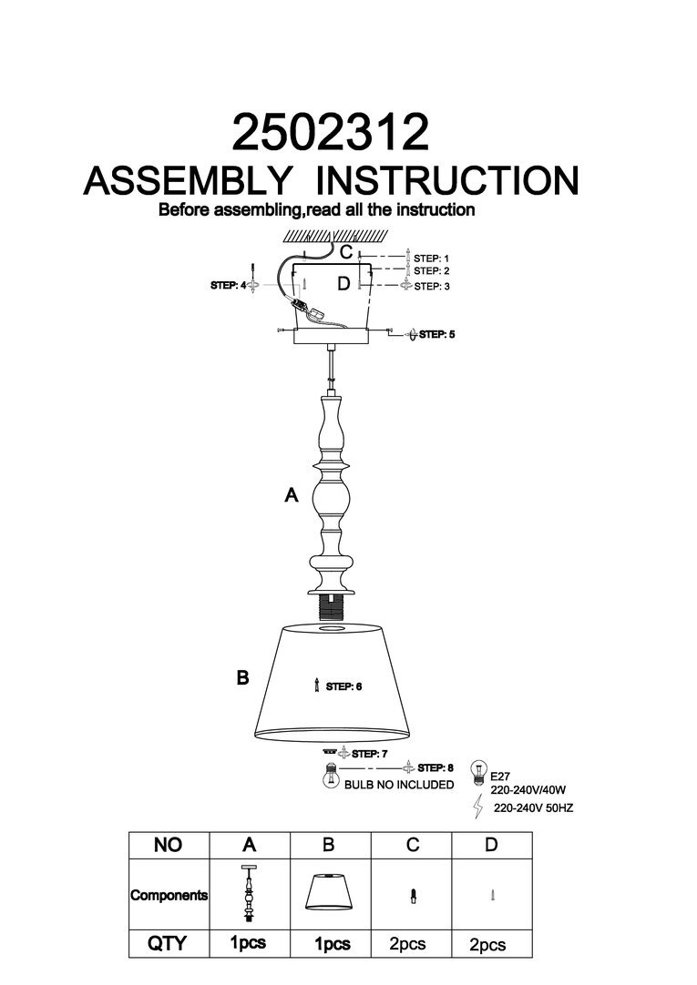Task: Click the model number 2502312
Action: click(331, 133)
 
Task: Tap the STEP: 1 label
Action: click(432, 259)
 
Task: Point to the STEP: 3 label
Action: click(432, 286)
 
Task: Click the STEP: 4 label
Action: click(227, 286)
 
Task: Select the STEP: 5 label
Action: click(436, 335)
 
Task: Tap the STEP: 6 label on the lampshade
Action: click(344, 686)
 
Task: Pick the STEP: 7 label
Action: click(370, 754)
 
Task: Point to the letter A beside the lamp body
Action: click(292, 495)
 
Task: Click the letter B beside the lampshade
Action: click(242, 678)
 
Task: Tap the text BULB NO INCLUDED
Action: click(398, 785)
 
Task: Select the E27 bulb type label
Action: click(499, 778)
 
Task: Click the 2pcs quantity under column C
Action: click(407, 945)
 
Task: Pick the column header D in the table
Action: click(491, 846)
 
